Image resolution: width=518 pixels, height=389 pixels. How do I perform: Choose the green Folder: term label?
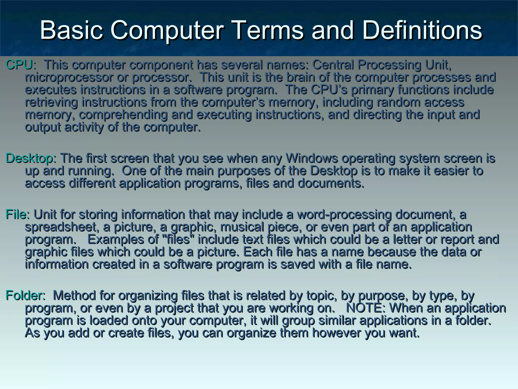click(26, 296)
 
